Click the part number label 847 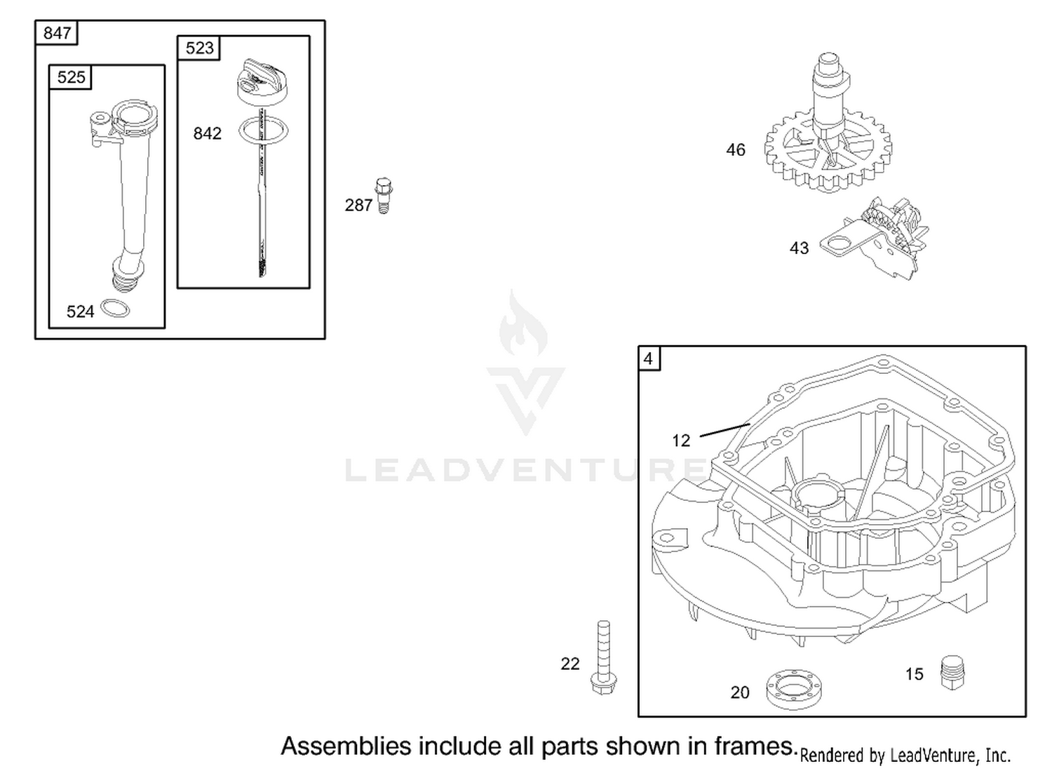pyautogui.click(x=56, y=33)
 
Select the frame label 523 pyautogui.click(x=200, y=48)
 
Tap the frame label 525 pyautogui.click(x=71, y=77)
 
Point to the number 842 pyautogui.click(x=207, y=133)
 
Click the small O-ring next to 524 pyautogui.click(x=116, y=308)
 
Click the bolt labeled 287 pyautogui.click(x=384, y=196)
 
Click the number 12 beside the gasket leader pyautogui.click(x=681, y=441)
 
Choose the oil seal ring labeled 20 pyautogui.click(x=793, y=689)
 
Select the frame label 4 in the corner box pyautogui.click(x=648, y=359)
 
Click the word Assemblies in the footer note pyautogui.click(x=346, y=746)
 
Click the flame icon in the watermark pyautogui.click(x=523, y=323)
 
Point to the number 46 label pyautogui.click(x=736, y=150)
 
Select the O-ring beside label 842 pyautogui.click(x=264, y=130)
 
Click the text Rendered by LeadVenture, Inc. pyautogui.click(x=905, y=756)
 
